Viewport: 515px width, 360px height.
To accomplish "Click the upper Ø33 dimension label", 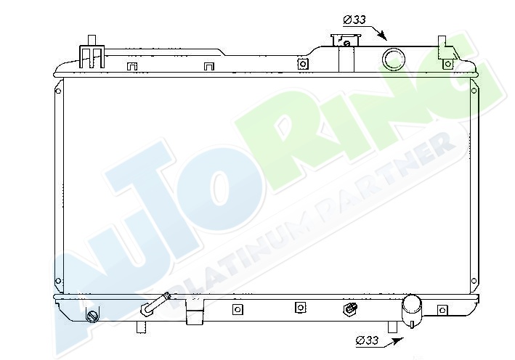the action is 354,20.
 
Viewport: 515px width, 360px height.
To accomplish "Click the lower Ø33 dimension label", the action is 368,340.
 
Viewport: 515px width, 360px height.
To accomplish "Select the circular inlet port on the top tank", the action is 393,60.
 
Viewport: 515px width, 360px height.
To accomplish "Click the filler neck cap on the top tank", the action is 346,41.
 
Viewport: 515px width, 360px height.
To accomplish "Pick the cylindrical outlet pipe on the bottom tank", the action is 412,308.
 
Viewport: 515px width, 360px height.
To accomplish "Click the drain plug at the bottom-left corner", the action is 92,316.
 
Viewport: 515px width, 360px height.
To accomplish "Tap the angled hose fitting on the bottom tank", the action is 154,305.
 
